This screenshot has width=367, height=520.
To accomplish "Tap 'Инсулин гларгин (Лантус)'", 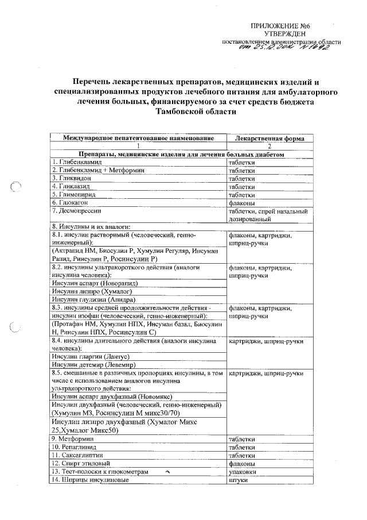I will coord(88,357).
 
